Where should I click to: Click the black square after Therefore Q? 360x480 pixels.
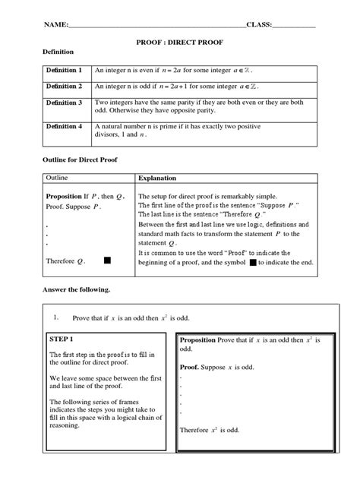click(107, 260)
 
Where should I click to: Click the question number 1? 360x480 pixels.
click(56, 316)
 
